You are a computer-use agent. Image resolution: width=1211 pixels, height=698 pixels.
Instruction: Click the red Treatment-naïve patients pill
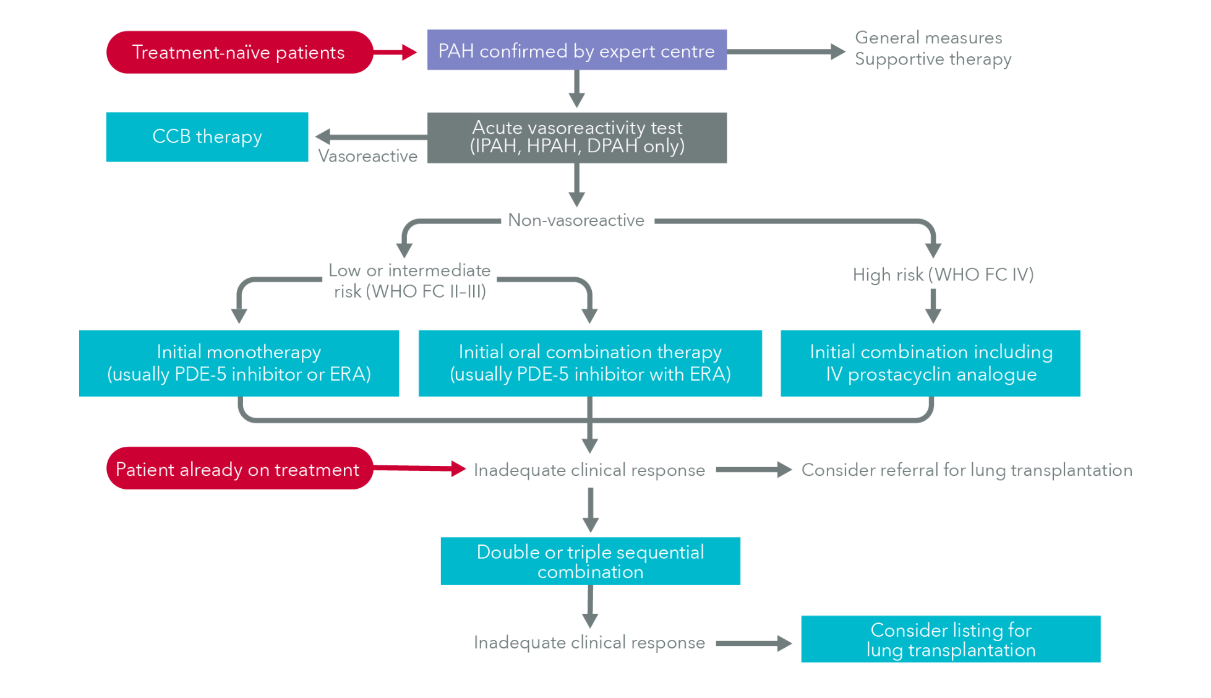pos(239,52)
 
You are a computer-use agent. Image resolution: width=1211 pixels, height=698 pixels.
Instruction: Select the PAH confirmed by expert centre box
pos(576,50)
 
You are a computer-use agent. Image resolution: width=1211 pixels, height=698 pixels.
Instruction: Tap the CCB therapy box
pos(207,137)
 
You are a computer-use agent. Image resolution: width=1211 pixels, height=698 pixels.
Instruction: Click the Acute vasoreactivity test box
pos(576,137)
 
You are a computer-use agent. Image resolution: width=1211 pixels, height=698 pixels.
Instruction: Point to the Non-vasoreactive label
pos(576,220)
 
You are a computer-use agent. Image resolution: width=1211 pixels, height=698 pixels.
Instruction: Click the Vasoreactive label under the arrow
pos(367,156)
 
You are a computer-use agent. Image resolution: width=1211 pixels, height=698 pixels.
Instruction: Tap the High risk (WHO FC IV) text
pos(943,274)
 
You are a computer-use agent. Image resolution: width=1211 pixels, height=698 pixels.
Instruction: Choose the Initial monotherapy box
pos(239,363)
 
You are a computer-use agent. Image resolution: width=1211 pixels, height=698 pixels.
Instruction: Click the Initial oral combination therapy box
pos(589,363)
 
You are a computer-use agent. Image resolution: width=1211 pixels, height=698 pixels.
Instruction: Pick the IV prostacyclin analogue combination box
pos(930,363)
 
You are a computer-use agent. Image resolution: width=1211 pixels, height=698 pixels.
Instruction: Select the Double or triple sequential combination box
pos(589,561)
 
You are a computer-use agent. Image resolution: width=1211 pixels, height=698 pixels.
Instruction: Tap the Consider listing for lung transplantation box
pos(950,639)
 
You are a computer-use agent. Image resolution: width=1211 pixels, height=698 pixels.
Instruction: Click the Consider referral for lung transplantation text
pos(966,470)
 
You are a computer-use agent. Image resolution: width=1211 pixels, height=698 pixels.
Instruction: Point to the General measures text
pos(928,38)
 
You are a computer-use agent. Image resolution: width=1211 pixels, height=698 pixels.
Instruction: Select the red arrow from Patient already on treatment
pos(419,468)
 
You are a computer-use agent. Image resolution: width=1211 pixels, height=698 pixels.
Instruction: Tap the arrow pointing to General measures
pos(785,52)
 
